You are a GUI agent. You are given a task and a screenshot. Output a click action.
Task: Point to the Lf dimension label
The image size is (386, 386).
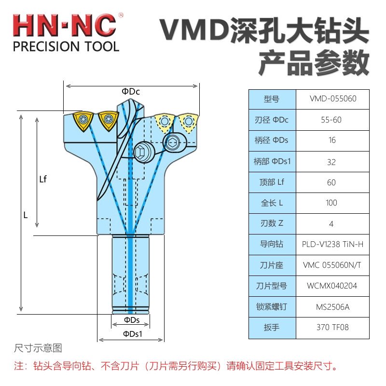[43, 179]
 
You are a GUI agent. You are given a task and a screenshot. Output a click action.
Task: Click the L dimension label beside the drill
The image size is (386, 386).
[26, 215]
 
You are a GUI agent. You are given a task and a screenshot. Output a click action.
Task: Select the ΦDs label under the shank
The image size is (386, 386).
[131, 320]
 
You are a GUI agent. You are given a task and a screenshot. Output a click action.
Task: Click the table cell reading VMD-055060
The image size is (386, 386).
[332, 99]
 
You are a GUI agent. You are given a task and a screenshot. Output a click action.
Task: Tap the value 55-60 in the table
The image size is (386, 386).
[332, 120]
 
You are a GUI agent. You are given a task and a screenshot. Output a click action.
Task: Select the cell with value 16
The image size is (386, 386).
[332, 141]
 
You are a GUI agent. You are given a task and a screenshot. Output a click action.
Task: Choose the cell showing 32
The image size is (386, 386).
[332, 162]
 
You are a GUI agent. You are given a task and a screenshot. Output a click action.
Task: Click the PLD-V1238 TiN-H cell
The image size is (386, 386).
[332, 245]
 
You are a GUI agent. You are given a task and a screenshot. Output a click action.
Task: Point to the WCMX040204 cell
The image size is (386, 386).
[332, 286]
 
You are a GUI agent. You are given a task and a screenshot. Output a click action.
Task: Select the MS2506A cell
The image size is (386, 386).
[332, 307]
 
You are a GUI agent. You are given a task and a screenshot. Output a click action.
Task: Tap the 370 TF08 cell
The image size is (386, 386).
[332, 328]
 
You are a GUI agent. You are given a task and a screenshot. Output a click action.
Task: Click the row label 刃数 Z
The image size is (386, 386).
[272, 224]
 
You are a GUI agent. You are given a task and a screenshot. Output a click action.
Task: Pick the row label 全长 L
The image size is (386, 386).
[272, 203]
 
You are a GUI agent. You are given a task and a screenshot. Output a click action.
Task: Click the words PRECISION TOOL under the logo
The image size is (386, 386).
[66, 47]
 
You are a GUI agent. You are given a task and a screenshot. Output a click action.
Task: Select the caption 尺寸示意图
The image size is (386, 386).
[39, 348]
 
